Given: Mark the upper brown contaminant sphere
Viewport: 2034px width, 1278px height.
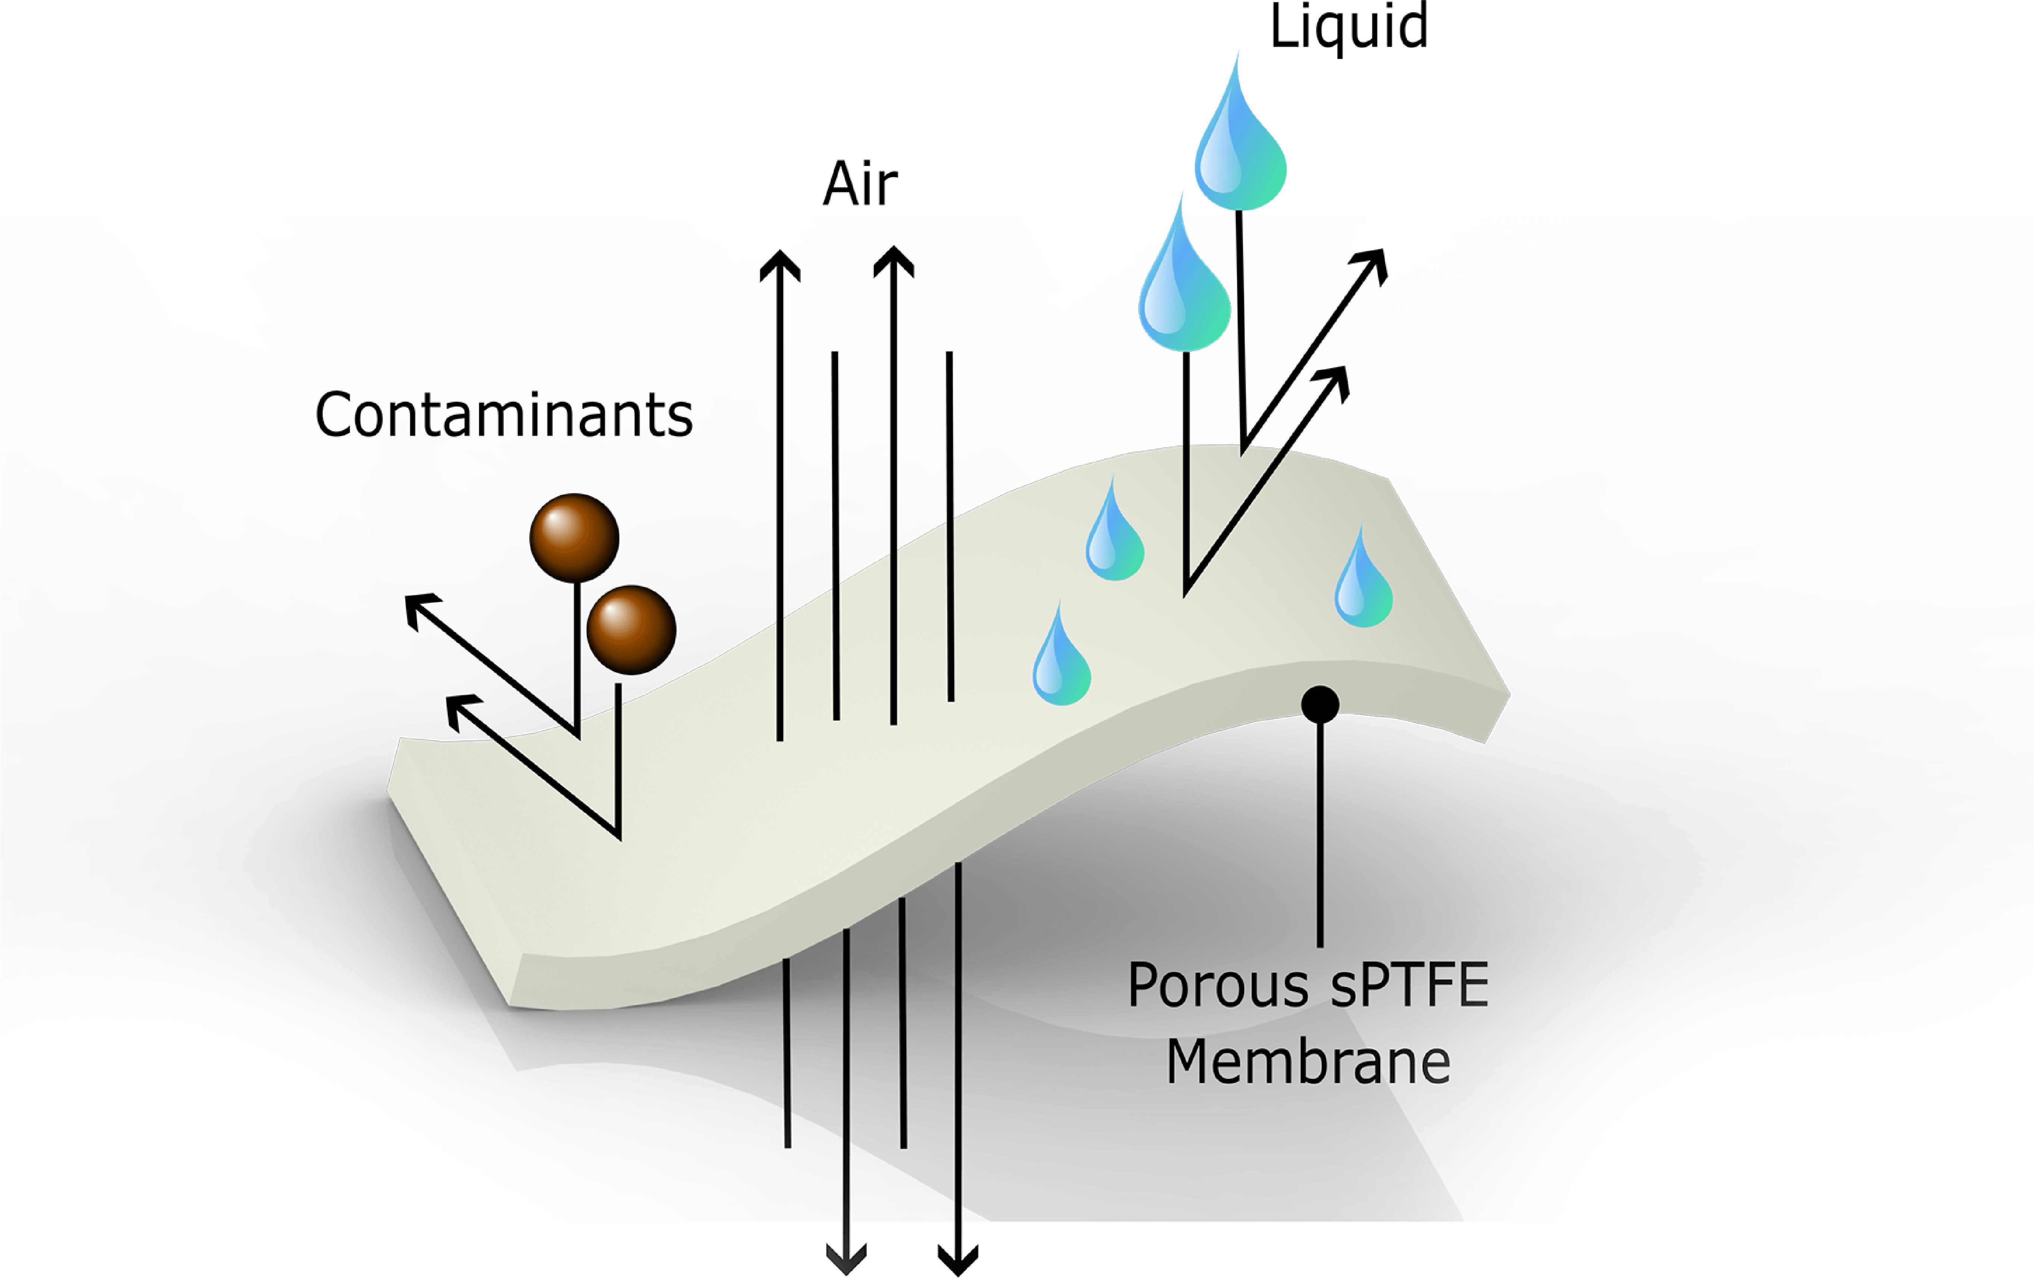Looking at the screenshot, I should point(574,538).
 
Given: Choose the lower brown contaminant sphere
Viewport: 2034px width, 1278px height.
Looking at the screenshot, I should point(631,629).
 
